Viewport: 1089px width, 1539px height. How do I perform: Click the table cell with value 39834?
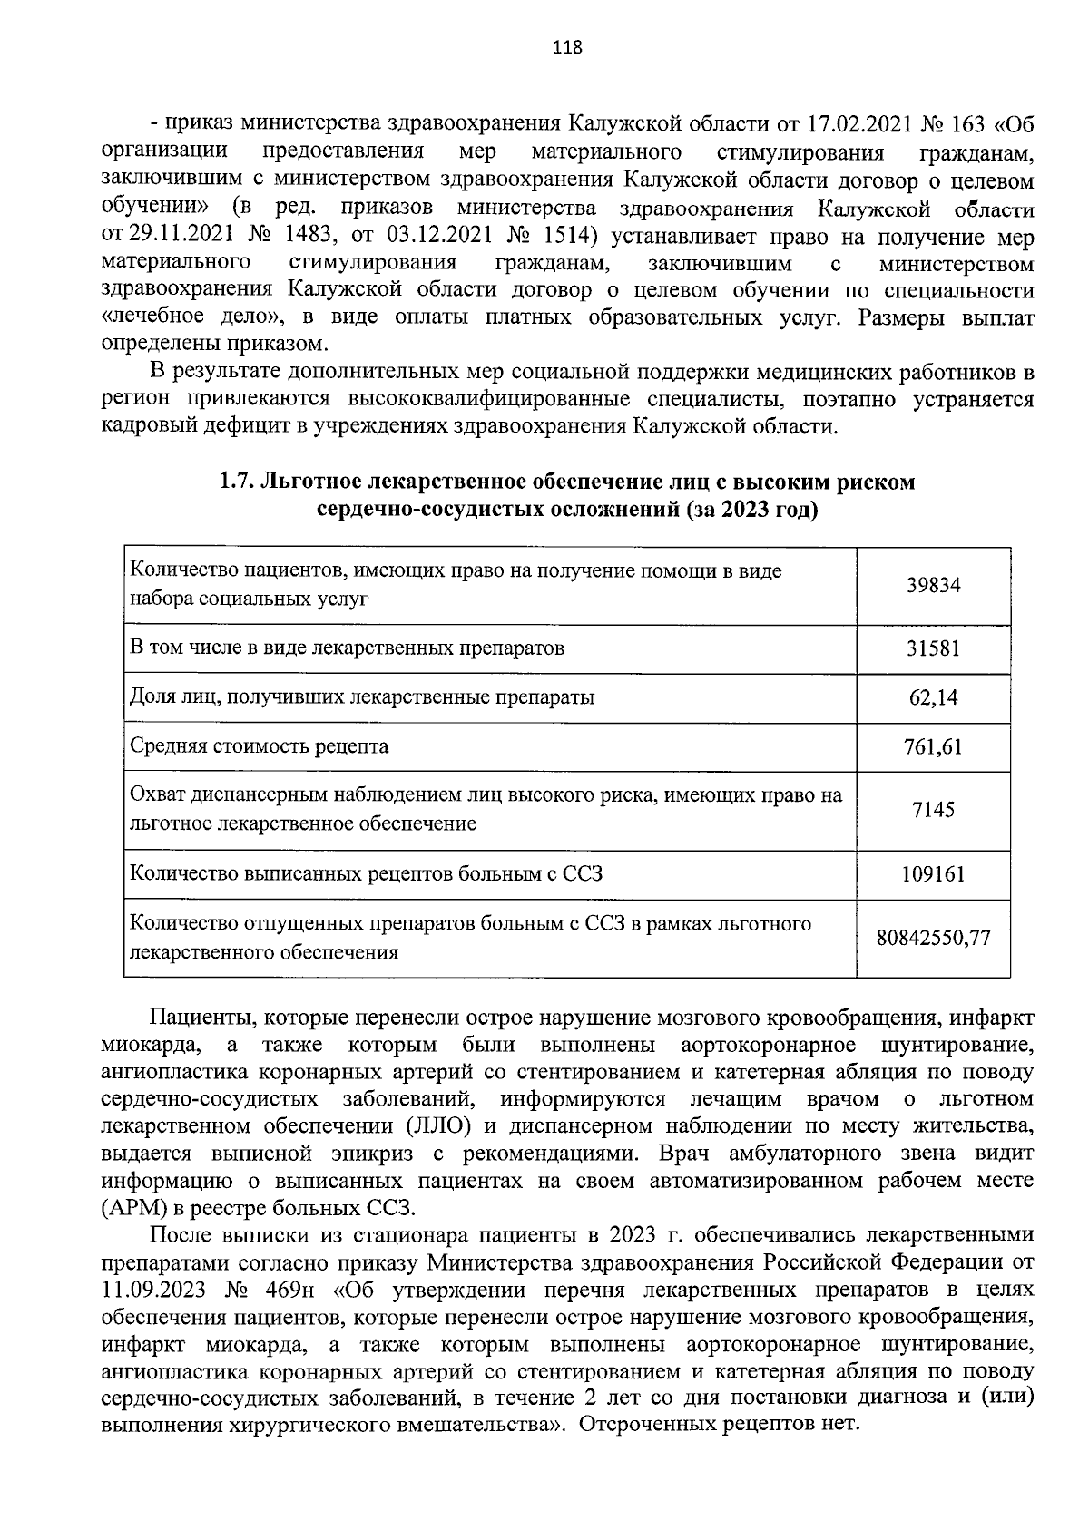(934, 585)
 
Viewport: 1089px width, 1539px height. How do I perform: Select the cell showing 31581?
(934, 648)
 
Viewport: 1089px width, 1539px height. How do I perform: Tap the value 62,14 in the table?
(934, 697)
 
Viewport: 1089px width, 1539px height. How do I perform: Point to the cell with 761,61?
(934, 746)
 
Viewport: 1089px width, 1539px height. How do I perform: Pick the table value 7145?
(934, 809)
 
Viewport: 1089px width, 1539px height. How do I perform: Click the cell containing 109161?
(934, 873)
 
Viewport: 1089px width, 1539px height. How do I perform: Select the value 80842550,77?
(934, 937)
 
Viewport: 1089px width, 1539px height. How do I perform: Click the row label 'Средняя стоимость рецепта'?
(260, 746)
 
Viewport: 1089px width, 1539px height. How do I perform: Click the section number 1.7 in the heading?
(236, 482)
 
